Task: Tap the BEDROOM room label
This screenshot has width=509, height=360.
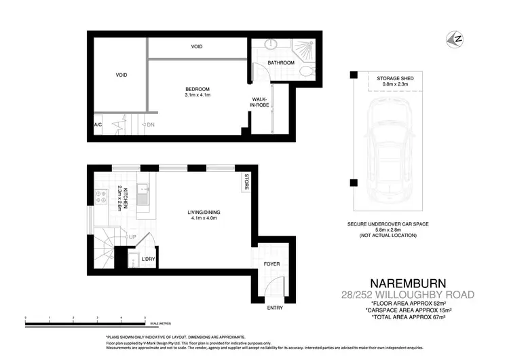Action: click(x=198, y=89)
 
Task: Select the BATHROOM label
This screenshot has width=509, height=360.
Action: click(x=280, y=62)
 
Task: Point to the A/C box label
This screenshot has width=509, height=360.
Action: click(x=98, y=126)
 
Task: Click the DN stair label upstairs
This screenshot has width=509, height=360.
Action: click(x=149, y=125)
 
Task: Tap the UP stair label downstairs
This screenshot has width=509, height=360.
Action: click(x=132, y=237)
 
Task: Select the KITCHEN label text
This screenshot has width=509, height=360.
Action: click(x=124, y=198)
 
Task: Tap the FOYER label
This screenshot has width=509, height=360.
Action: click(x=271, y=264)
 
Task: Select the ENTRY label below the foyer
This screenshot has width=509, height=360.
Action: click(x=275, y=307)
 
